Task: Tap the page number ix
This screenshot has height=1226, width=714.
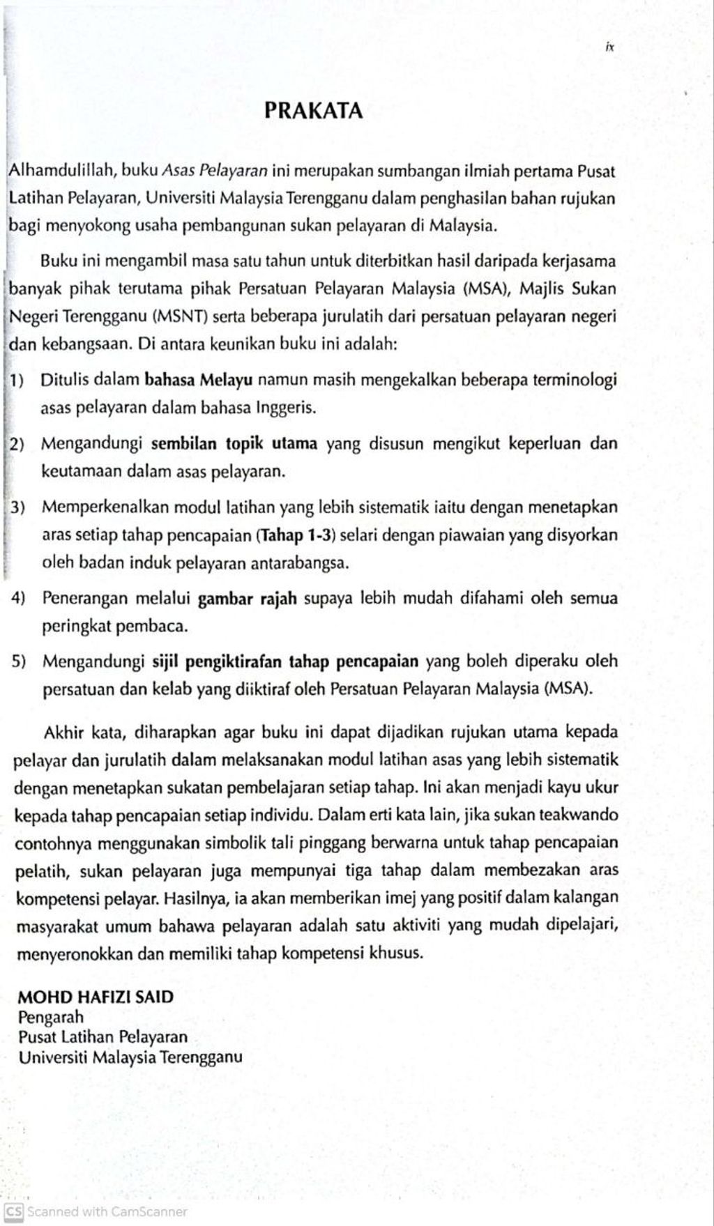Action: [x=609, y=48]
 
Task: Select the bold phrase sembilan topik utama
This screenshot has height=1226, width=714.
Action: [x=234, y=444]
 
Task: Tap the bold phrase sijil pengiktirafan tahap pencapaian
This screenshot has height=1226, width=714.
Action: [x=285, y=661]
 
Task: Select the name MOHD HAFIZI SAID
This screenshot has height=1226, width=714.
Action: [x=96, y=997]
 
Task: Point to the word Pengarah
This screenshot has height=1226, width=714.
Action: [x=51, y=1017]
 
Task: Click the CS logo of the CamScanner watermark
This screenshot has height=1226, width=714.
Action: [x=14, y=1211]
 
